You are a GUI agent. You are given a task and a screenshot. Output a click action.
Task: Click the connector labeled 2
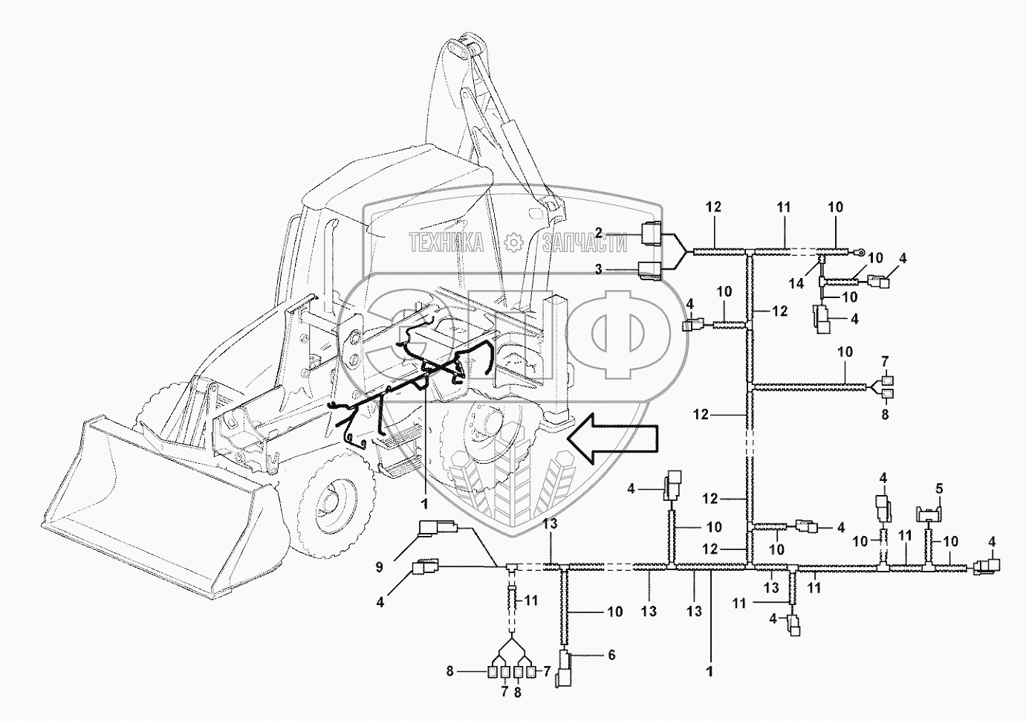pyautogui.click(x=651, y=233)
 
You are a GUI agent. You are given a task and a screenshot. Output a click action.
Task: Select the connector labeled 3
pyautogui.click(x=650, y=270)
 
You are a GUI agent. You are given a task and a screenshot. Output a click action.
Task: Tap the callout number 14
pyautogui.click(x=796, y=284)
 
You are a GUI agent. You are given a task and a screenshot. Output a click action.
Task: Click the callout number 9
pyautogui.click(x=379, y=566)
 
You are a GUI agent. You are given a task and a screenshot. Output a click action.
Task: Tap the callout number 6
pyautogui.click(x=612, y=655)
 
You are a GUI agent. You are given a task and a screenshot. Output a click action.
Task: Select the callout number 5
pyautogui.click(x=939, y=488)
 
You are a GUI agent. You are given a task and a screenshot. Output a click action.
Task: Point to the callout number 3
pyautogui.click(x=598, y=270)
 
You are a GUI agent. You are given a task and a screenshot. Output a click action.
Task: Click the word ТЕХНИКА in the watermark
pyautogui.click(x=446, y=242)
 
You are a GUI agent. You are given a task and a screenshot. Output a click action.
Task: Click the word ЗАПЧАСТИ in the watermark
pyautogui.click(x=585, y=242)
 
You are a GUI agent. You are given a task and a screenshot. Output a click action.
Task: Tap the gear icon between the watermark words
pyautogui.click(x=513, y=242)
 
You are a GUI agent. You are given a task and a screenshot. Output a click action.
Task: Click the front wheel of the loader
pyautogui.click(x=334, y=500)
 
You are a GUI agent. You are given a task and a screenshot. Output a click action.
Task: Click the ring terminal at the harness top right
pyautogui.click(x=860, y=251)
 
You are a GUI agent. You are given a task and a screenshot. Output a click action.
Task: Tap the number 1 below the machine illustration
pyautogui.click(x=425, y=504)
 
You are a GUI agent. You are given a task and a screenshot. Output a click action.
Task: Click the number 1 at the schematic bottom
pyautogui.click(x=710, y=671)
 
